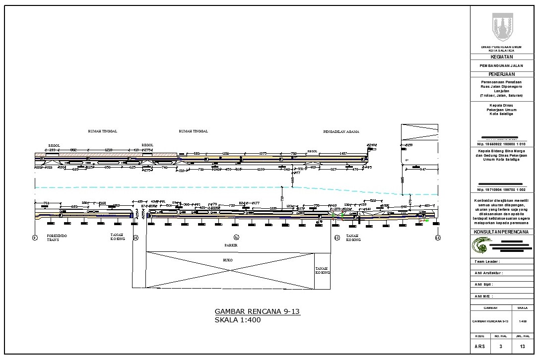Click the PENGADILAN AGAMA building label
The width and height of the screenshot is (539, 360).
pyautogui.click(x=341, y=132)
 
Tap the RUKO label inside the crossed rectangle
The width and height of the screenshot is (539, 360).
pyautogui.click(x=228, y=260)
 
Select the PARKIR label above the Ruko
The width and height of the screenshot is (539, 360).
pyautogui.click(x=231, y=245)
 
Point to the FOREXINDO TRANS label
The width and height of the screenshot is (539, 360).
pyautogui.click(x=57, y=238)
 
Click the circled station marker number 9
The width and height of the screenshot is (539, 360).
pyautogui.click(x=35, y=238)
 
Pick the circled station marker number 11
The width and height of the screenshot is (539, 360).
pyautogui.click(x=236, y=237)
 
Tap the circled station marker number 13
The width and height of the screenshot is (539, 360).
pyautogui.click(x=437, y=238)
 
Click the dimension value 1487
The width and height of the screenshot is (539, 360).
pyautogui.click(x=343, y=154)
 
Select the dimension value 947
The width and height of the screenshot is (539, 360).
pyautogui.click(x=422, y=170)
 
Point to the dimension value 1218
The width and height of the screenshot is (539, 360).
pyautogui.click(x=109, y=150)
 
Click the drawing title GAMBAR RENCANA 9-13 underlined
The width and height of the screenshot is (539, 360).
pyautogui.click(x=257, y=311)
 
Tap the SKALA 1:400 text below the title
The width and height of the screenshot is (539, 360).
pyautogui.click(x=237, y=320)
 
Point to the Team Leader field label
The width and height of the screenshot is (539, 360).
pyautogui.click(x=487, y=261)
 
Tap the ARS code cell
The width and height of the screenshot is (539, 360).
pyautogui.click(x=480, y=346)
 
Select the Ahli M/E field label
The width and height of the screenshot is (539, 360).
pyautogui.click(x=483, y=296)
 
